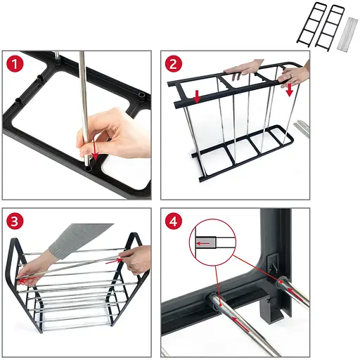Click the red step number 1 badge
coord(15,64)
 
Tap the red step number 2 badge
coord(174,64)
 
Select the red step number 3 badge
coord(15,221)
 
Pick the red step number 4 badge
coord(174,221)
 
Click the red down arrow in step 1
coord(94,148)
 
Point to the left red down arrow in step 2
coord(197,96)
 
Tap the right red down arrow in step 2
coord(290,90)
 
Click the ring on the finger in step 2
coord(290,75)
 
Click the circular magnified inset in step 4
coord(212,242)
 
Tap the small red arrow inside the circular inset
coord(203,243)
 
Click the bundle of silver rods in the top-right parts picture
coord(347,34)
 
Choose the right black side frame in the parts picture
coord(330,26)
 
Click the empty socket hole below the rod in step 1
coord(88,169)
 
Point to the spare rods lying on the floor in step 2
coord(301,128)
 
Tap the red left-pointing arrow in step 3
coord(27,280)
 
